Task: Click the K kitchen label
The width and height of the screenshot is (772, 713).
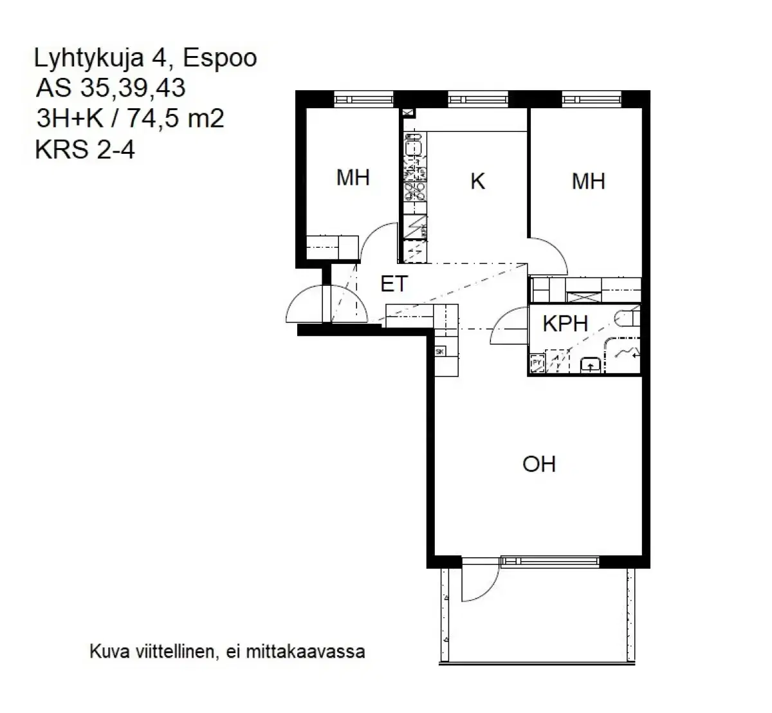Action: (477, 181)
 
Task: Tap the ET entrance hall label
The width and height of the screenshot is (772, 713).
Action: (394, 284)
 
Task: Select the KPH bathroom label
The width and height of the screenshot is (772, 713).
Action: (565, 323)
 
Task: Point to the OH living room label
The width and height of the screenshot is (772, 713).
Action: (539, 464)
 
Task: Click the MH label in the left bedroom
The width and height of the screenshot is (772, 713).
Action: (353, 178)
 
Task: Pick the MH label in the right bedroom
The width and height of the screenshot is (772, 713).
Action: (588, 181)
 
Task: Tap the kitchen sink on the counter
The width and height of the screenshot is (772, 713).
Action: (415, 147)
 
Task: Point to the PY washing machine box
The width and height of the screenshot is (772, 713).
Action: (536, 365)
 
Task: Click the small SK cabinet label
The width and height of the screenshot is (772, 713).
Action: (440, 352)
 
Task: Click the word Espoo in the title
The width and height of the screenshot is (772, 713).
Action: (220, 59)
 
